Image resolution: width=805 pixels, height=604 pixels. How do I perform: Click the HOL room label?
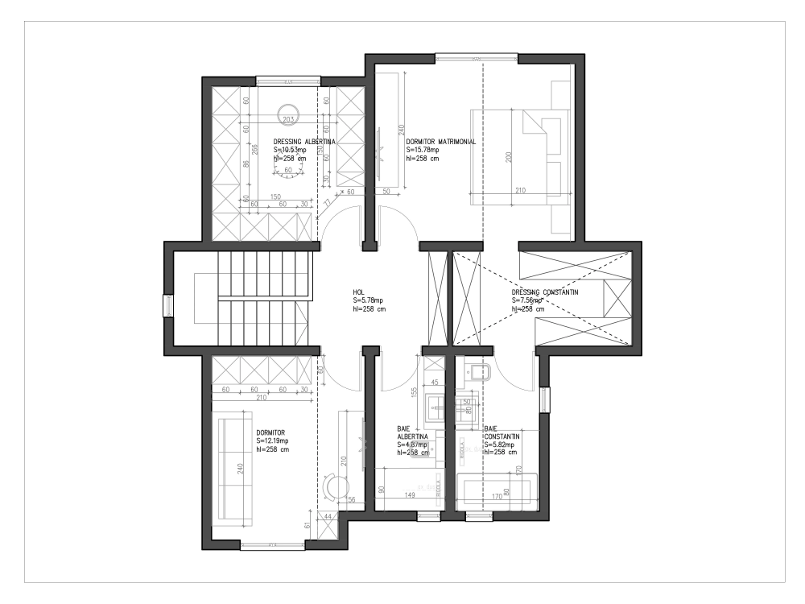[x=359, y=292]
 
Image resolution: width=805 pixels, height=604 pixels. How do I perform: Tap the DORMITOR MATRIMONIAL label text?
[x=441, y=141]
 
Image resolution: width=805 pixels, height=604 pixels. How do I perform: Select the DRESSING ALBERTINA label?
[x=304, y=142]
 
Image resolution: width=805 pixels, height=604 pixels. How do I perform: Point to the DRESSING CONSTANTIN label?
[x=545, y=292]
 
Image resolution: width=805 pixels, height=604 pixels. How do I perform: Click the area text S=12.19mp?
[x=272, y=441]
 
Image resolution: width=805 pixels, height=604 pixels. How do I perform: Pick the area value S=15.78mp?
[x=423, y=150]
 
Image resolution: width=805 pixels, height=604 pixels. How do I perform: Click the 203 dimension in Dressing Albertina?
[x=290, y=118]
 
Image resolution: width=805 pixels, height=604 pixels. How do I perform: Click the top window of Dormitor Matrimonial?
[x=477, y=56]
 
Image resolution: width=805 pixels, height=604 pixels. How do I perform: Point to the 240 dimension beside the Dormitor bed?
[x=240, y=470]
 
